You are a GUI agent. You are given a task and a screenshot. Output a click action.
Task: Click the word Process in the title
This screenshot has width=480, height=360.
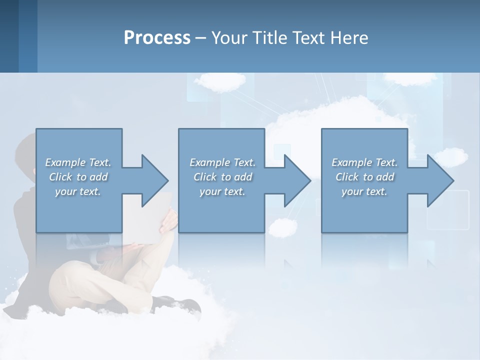pyautogui.click(x=157, y=38)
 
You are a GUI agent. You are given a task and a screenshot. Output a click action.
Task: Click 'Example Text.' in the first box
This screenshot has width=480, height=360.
pyautogui.click(x=78, y=162)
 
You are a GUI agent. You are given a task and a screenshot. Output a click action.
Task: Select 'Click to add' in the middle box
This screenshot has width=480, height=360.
pyautogui.click(x=222, y=177)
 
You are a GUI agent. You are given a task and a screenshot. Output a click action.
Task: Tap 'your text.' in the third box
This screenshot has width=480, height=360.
pyautogui.click(x=364, y=191)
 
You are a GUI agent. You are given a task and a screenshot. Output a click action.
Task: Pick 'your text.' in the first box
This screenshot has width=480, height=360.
pyautogui.click(x=78, y=191)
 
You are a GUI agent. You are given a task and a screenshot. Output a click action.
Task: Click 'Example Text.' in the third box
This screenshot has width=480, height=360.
pyautogui.click(x=364, y=162)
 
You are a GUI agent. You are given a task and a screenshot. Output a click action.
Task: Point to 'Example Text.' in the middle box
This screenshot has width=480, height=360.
pyautogui.click(x=222, y=162)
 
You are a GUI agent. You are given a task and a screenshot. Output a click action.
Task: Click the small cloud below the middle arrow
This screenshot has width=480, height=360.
pyautogui.click(x=282, y=227)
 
